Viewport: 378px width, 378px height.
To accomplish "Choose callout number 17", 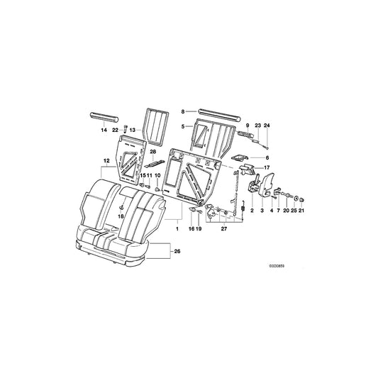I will coord(267,167).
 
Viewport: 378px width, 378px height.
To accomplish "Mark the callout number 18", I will coord(121,216).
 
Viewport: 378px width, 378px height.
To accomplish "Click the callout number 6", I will coord(267,157).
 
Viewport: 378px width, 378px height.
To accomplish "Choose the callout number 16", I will coord(191,230).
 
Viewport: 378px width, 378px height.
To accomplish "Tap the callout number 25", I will coord(292,211).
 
